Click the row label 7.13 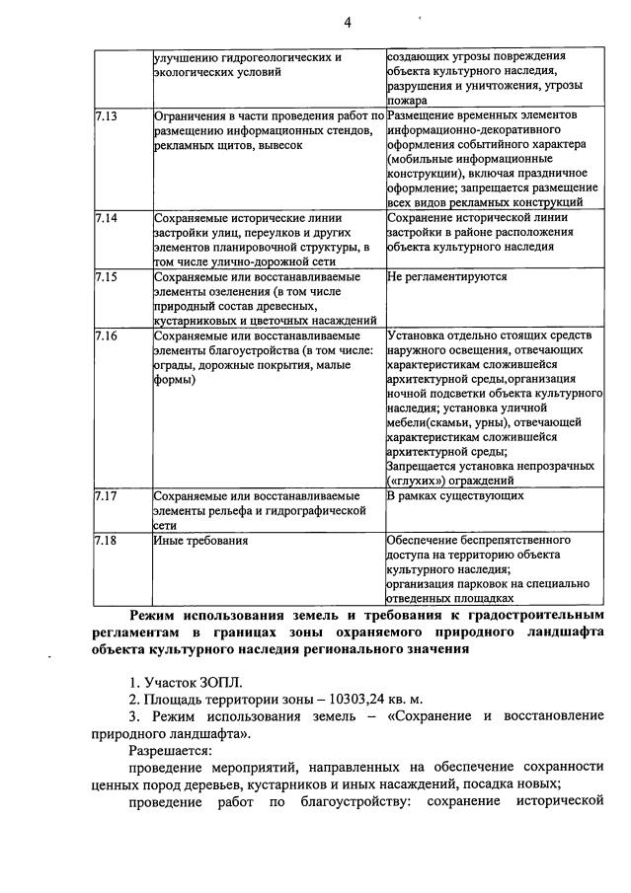[106, 116]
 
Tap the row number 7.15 [106, 277]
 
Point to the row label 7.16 [106, 336]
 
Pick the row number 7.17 [106, 496]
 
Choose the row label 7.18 [106, 541]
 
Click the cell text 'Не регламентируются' [447, 277]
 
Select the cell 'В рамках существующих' [455, 496]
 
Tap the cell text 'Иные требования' [201, 541]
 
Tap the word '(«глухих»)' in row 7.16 [417, 480]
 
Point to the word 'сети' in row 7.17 [165, 526]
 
